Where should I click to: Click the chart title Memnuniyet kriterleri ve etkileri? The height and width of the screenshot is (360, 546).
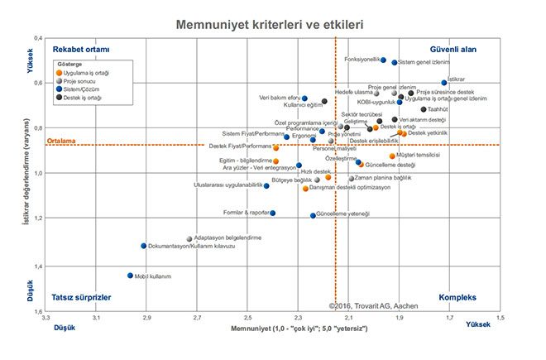(270, 25)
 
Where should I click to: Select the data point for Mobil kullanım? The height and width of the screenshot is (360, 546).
(130, 276)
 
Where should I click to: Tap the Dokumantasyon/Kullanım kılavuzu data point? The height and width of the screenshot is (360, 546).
(143, 246)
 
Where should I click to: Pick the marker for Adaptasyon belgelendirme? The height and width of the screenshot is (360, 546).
(189, 238)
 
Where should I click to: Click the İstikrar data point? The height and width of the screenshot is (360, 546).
(444, 83)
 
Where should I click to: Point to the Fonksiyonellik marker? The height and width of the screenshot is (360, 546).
(383, 60)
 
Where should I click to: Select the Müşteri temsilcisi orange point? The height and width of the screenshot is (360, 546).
(392, 156)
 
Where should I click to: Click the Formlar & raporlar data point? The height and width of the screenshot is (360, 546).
(273, 213)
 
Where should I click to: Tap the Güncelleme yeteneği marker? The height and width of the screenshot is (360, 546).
(313, 215)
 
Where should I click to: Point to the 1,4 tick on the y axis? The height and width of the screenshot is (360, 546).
(38, 266)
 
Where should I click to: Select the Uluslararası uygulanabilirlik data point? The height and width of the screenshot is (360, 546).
(266, 186)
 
